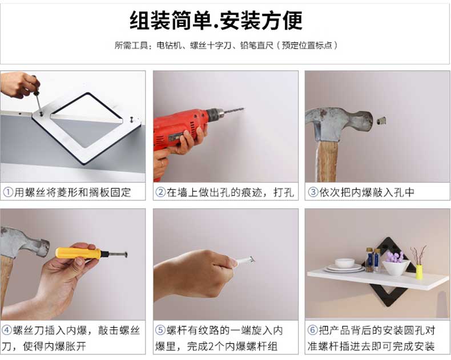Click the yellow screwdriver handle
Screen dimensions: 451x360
click(x=78, y=253)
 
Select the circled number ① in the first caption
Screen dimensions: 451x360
click(x=8, y=192)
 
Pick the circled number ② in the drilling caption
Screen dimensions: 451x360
click(x=160, y=192)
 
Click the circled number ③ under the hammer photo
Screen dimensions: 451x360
click(x=313, y=192)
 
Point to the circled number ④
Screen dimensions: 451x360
click(x=7, y=330)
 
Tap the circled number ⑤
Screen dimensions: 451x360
click(x=160, y=330)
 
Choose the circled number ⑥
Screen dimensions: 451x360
click(x=313, y=330)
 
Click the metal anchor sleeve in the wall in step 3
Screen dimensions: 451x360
click(x=381, y=120)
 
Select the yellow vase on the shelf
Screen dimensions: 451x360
click(x=419, y=272)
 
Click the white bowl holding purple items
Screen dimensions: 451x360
click(x=396, y=268)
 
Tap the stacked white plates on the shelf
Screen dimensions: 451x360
click(x=344, y=266)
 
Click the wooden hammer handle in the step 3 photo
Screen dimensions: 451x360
click(x=327, y=161)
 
